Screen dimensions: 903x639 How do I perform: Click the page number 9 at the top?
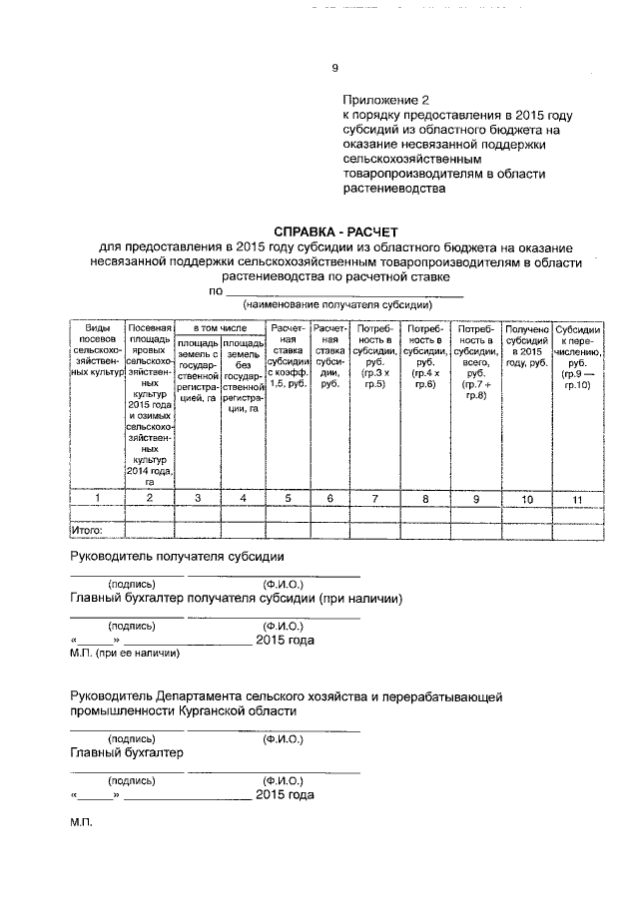click(334, 69)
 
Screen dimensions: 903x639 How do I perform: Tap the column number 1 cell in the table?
click(96, 496)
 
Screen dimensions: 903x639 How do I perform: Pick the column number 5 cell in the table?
click(286, 496)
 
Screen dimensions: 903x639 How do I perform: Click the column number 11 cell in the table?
click(577, 498)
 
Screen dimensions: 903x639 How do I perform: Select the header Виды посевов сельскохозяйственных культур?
click(96, 349)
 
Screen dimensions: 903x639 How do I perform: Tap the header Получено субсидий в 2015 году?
click(526, 345)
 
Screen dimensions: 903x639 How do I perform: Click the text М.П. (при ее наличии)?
click(125, 654)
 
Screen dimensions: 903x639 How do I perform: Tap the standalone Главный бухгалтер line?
click(127, 752)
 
